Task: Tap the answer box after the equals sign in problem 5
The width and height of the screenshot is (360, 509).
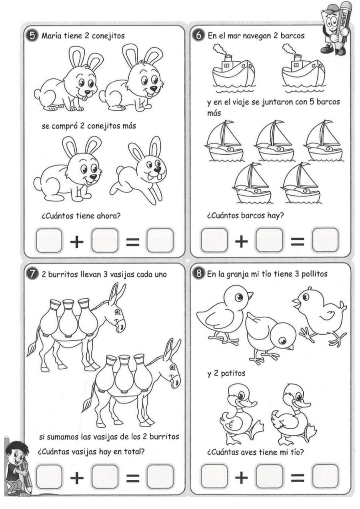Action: (x=160, y=240)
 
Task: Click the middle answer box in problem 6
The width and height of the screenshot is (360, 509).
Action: (x=269, y=240)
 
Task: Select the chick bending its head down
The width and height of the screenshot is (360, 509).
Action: (x=268, y=336)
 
